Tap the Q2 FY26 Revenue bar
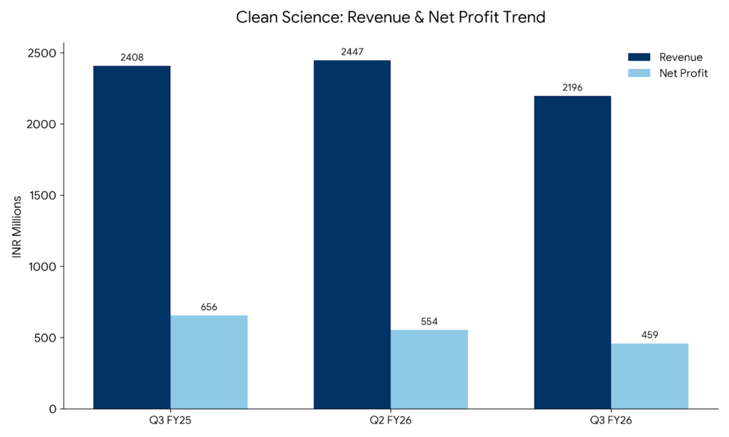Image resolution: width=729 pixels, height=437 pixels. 352,234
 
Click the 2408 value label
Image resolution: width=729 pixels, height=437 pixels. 132,57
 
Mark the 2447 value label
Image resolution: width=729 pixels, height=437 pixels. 352,51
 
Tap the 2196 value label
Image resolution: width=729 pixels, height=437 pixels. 572,88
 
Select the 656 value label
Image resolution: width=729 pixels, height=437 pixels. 209,307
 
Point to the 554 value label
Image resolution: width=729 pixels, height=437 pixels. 429,321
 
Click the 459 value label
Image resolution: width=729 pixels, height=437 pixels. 650,335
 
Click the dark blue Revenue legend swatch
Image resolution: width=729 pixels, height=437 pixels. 639,57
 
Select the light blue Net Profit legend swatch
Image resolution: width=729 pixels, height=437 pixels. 639,73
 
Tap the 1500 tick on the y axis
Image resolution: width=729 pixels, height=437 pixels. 43,195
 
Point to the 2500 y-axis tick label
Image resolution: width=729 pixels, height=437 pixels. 43,53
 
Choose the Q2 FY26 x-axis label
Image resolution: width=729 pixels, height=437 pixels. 391,421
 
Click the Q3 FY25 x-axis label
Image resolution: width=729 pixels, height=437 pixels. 171,421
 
